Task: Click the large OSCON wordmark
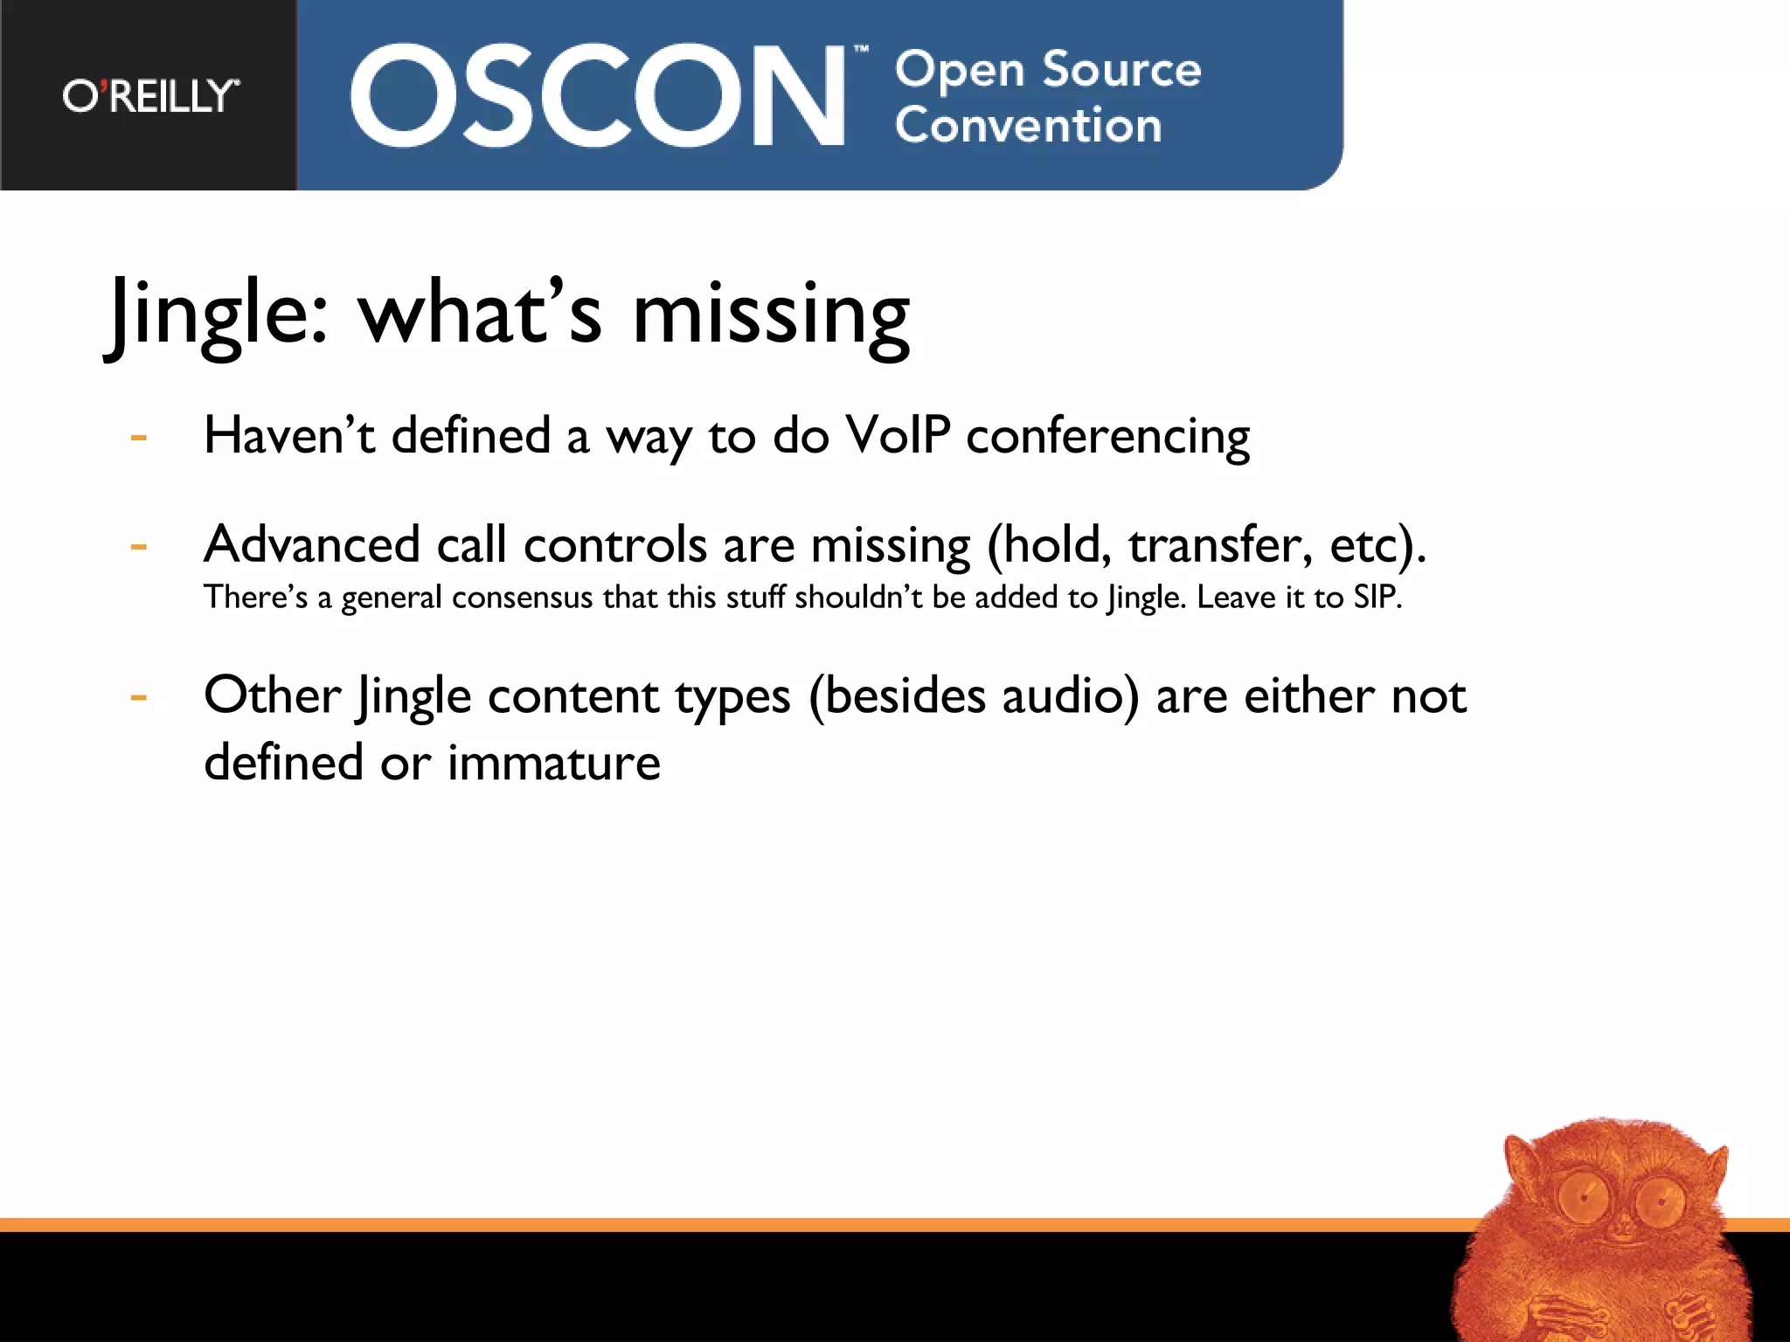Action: pyautogui.click(x=596, y=96)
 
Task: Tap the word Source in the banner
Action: pyautogui.click(x=1121, y=69)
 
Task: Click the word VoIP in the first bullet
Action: pyautogui.click(x=898, y=435)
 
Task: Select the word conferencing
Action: pyautogui.click(x=1107, y=437)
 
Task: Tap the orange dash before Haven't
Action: pyautogui.click(x=138, y=437)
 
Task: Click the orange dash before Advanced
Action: pyautogui.click(x=138, y=548)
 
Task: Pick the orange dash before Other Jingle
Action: pyautogui.click(x=138, y=698)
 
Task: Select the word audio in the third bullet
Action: pyautogui.click(x=1070, y=697)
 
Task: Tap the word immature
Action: pyautogui.click(x=553, y=763)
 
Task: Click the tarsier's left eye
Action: pyautogui.click(x=1583, y=1196)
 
